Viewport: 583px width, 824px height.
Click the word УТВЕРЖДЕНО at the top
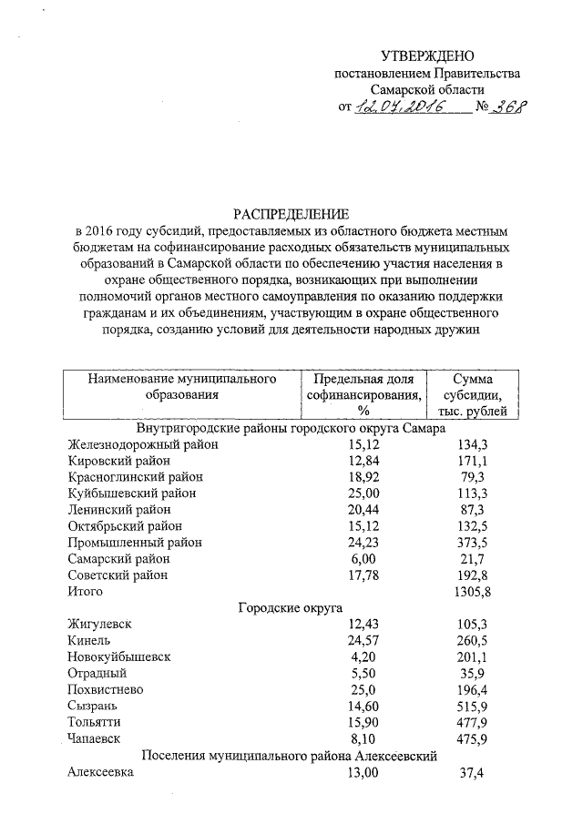tap(427, 56)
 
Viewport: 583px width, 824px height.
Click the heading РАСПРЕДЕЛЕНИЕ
tap(291, 215)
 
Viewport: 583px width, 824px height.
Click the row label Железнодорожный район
tap(142, 445)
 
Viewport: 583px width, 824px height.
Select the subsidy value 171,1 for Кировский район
tap(471, 462)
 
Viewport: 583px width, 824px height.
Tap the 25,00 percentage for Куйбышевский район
tap(363, 493)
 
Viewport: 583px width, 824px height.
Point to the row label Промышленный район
tap(135, 543)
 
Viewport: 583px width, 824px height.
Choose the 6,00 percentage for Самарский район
tap(363, 558)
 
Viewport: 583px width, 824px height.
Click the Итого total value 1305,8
tap(471, 591)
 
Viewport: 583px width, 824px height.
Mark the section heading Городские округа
tap(290, 607)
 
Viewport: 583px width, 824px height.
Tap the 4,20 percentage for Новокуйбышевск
tap(363, 656)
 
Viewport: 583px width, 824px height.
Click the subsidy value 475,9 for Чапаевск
tap(471, 738)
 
